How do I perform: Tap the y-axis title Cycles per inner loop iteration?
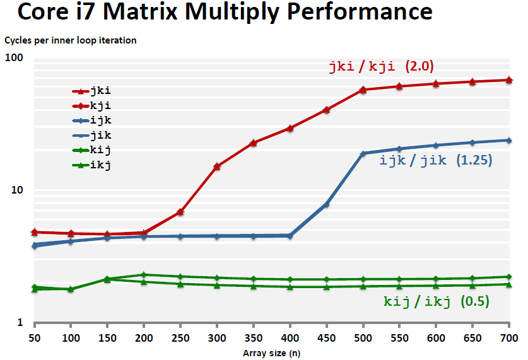(71, 40)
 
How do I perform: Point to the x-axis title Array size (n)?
(272, 353)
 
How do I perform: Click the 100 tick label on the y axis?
(14, 58)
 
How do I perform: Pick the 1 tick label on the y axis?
(20, 323)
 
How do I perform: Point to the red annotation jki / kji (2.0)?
(381, 66)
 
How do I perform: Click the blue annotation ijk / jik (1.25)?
(436, 160)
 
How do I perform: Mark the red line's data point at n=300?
(217, 166)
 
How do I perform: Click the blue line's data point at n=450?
(326, 204)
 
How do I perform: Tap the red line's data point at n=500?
(363, 90)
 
